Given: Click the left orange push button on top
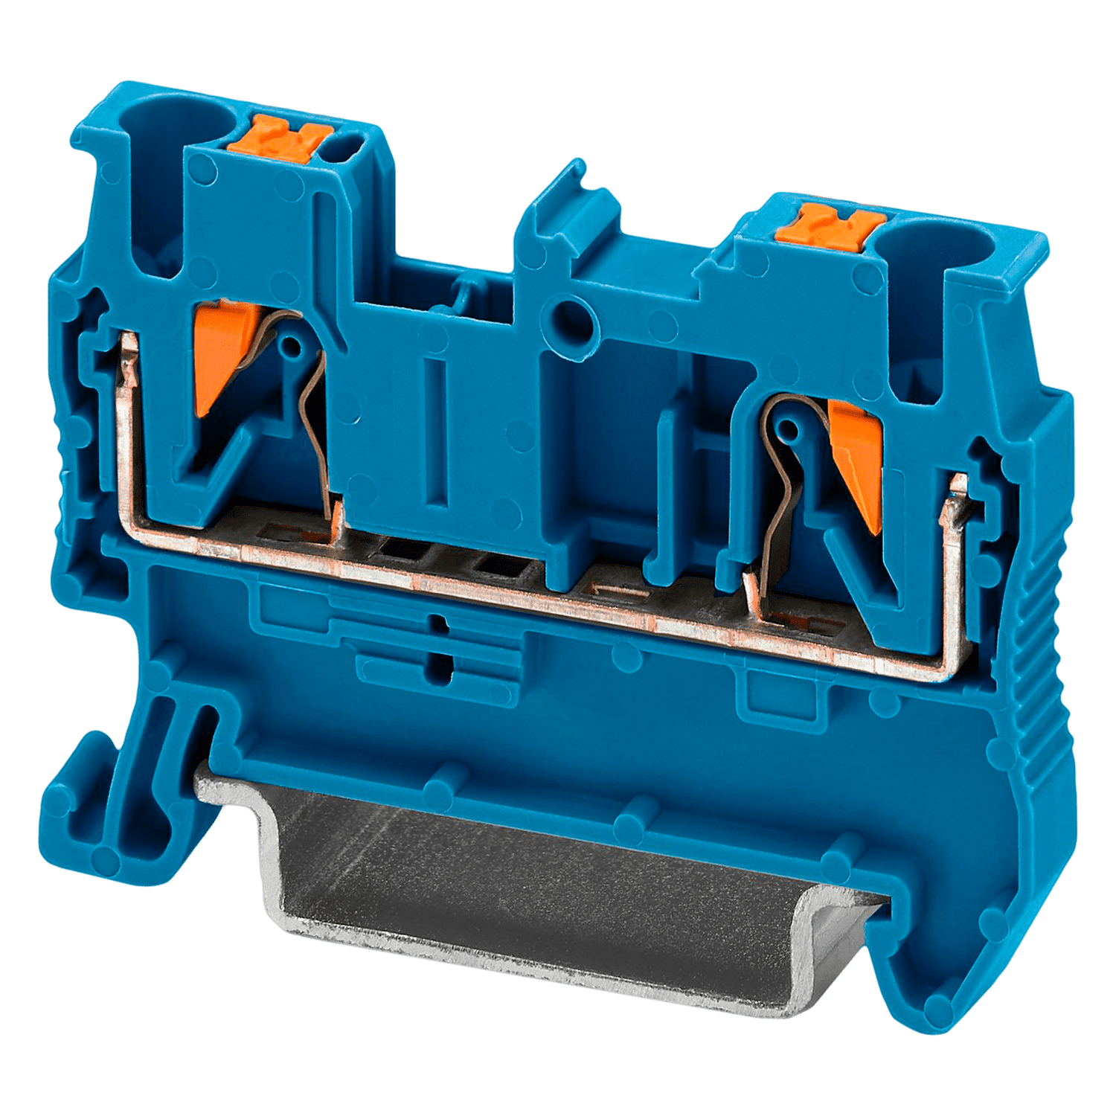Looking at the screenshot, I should pos(279,138).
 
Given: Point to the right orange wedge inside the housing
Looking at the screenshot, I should pos(857,461).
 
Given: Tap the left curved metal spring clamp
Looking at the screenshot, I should pos(312,417).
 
